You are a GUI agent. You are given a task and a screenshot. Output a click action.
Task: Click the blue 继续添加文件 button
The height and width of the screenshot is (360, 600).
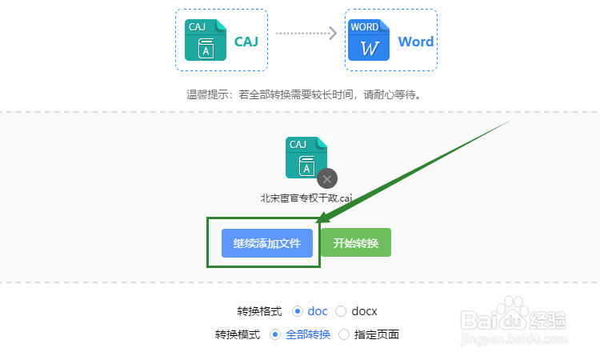266,242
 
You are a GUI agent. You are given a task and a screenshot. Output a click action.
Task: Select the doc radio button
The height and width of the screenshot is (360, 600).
298,310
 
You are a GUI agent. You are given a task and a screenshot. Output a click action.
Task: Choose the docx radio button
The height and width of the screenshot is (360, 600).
341,310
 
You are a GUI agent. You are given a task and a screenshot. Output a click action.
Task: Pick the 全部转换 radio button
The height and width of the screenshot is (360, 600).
275,334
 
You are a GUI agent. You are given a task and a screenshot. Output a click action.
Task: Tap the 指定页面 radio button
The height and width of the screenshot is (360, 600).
344,334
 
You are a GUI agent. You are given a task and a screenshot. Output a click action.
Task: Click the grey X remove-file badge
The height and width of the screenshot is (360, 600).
326,178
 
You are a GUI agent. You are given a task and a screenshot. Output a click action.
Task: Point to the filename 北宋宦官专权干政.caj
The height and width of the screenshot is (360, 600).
306,198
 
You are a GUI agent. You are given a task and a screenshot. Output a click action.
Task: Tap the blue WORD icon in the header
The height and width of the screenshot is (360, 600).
369,40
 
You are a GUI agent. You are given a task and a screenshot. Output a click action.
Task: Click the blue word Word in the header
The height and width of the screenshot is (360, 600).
416,42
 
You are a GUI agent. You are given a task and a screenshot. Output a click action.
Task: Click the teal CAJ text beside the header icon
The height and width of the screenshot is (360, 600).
246,42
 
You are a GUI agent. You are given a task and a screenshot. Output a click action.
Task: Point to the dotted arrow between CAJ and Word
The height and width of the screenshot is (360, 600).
306,33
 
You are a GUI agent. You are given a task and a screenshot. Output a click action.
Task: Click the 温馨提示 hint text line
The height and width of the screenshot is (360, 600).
304,94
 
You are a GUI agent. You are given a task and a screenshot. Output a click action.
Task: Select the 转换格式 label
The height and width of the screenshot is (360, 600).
259,310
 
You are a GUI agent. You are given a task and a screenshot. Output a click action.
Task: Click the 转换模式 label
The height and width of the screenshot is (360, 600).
237,334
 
